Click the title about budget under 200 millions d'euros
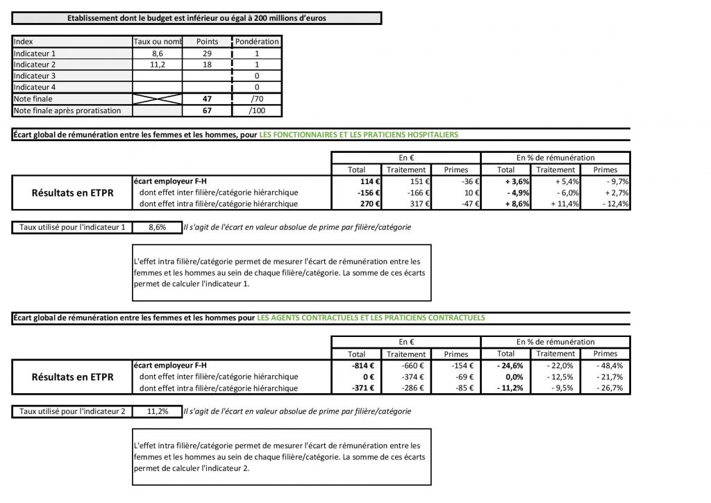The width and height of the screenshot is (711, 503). point(197,18)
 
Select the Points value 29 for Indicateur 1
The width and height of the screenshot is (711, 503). point(207,53)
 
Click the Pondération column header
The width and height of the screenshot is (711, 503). point(257,42)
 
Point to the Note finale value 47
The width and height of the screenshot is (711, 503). point(207,99)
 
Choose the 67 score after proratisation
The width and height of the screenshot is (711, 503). point(207,110)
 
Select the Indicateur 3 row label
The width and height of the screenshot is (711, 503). point(35,76)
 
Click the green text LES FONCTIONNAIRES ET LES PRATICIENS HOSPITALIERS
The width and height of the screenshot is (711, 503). point(358,135)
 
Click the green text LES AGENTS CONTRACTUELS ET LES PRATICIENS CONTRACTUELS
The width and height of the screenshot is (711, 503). point(371,318)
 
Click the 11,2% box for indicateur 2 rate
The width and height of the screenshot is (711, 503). point(158,411)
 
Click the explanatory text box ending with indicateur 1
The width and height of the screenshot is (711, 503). point(281,272)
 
